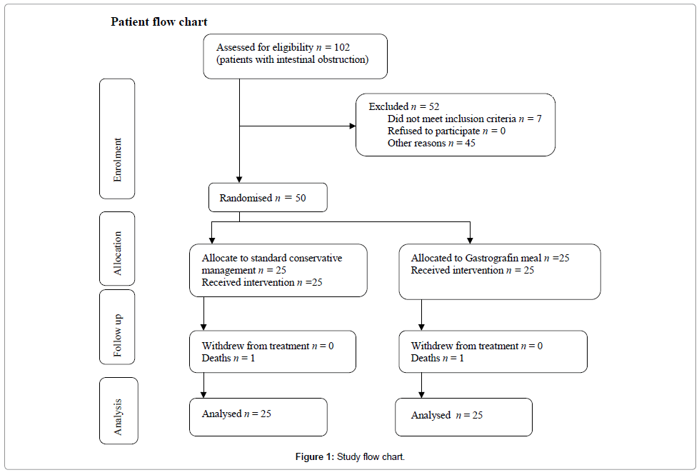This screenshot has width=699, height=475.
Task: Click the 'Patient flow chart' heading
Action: [x=159, y=22]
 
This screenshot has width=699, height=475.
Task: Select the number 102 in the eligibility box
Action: [x=342, y=47]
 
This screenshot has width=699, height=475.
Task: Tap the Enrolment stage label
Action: [x=117, y=160]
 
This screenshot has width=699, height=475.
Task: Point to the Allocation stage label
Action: [x=117, y=253]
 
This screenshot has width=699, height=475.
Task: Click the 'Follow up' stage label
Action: [x=117, y=336]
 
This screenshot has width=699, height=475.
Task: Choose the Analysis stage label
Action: [x=117, y=416]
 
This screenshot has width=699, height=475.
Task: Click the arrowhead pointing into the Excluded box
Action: [x=353, y=126]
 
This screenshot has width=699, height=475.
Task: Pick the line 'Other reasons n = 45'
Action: [x=431, y=143]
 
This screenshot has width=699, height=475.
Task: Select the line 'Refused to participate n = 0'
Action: [x=447, y=131]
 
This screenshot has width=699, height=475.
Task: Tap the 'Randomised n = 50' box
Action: [x=268, y=197]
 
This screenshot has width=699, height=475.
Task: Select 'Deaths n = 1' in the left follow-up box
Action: [x=228, y=358]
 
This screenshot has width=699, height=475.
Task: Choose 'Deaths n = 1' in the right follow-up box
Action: [x=437, y=358]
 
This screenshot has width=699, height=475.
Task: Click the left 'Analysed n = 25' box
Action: [x=258, y=417]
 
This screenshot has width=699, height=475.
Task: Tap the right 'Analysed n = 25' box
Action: [x=463, y=417]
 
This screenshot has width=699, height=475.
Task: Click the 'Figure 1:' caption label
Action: [x=315, y=456]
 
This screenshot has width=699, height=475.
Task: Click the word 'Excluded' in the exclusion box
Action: [x=388, y=106]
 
